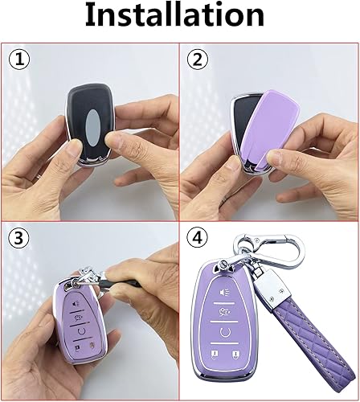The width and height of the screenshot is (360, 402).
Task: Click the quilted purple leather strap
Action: click(325, 338)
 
